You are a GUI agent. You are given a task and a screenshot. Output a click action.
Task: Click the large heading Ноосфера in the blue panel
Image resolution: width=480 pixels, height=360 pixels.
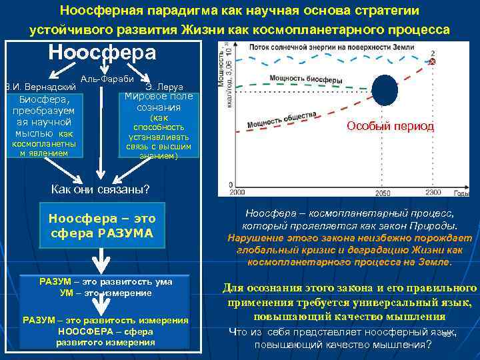coord(102,53)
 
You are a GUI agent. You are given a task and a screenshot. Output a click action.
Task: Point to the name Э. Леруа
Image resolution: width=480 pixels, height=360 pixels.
coord(159,87)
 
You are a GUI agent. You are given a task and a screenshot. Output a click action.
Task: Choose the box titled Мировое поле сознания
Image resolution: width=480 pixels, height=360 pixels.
coord(159,125)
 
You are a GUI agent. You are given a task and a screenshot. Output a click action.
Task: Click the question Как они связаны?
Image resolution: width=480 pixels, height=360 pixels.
coord(101,189)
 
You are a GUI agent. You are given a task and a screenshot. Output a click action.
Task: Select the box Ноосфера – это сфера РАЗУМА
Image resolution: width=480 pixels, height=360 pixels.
coord(102,226)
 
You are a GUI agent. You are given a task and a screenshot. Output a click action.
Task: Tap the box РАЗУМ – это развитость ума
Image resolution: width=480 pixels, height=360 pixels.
coord(105,287)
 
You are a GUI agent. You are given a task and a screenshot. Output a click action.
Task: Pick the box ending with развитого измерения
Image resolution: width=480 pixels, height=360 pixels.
coord(105,331)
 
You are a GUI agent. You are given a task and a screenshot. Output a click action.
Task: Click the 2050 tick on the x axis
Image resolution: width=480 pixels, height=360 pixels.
coord(382,193)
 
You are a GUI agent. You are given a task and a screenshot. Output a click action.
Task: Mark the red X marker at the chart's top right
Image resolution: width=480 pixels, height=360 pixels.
coord(433,61)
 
